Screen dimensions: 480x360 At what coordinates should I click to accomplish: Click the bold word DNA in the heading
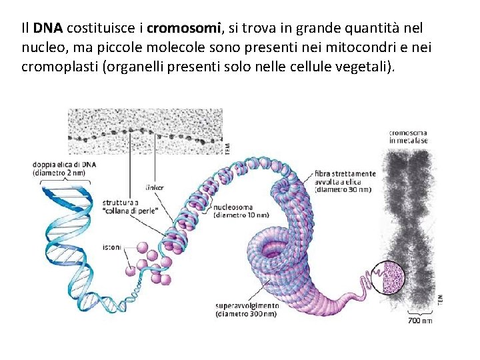tap(47, 29)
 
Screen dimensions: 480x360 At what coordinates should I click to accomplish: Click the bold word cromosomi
tap(183, 29)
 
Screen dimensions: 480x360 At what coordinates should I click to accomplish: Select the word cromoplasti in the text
tap(58, 67)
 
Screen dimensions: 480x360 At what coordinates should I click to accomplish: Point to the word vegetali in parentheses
tap(365, 67)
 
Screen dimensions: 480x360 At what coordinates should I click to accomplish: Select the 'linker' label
tap(154, 187)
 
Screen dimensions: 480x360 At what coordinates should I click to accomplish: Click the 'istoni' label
tap(112, 247)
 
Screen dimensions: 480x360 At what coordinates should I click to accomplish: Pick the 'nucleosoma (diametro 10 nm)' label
tap(241, 211)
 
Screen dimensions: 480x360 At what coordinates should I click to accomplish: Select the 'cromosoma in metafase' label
tap(409, 137)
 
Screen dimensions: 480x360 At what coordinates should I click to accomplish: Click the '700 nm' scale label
tap(420, 321)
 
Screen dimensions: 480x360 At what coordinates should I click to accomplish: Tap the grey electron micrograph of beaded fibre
tap(145, 132)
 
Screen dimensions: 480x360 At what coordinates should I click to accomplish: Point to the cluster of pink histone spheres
tap(151, 261)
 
